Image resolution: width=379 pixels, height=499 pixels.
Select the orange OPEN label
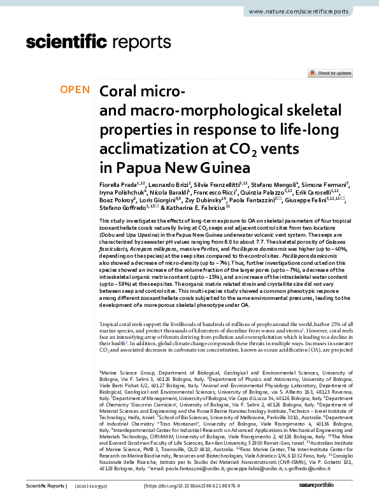74,90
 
